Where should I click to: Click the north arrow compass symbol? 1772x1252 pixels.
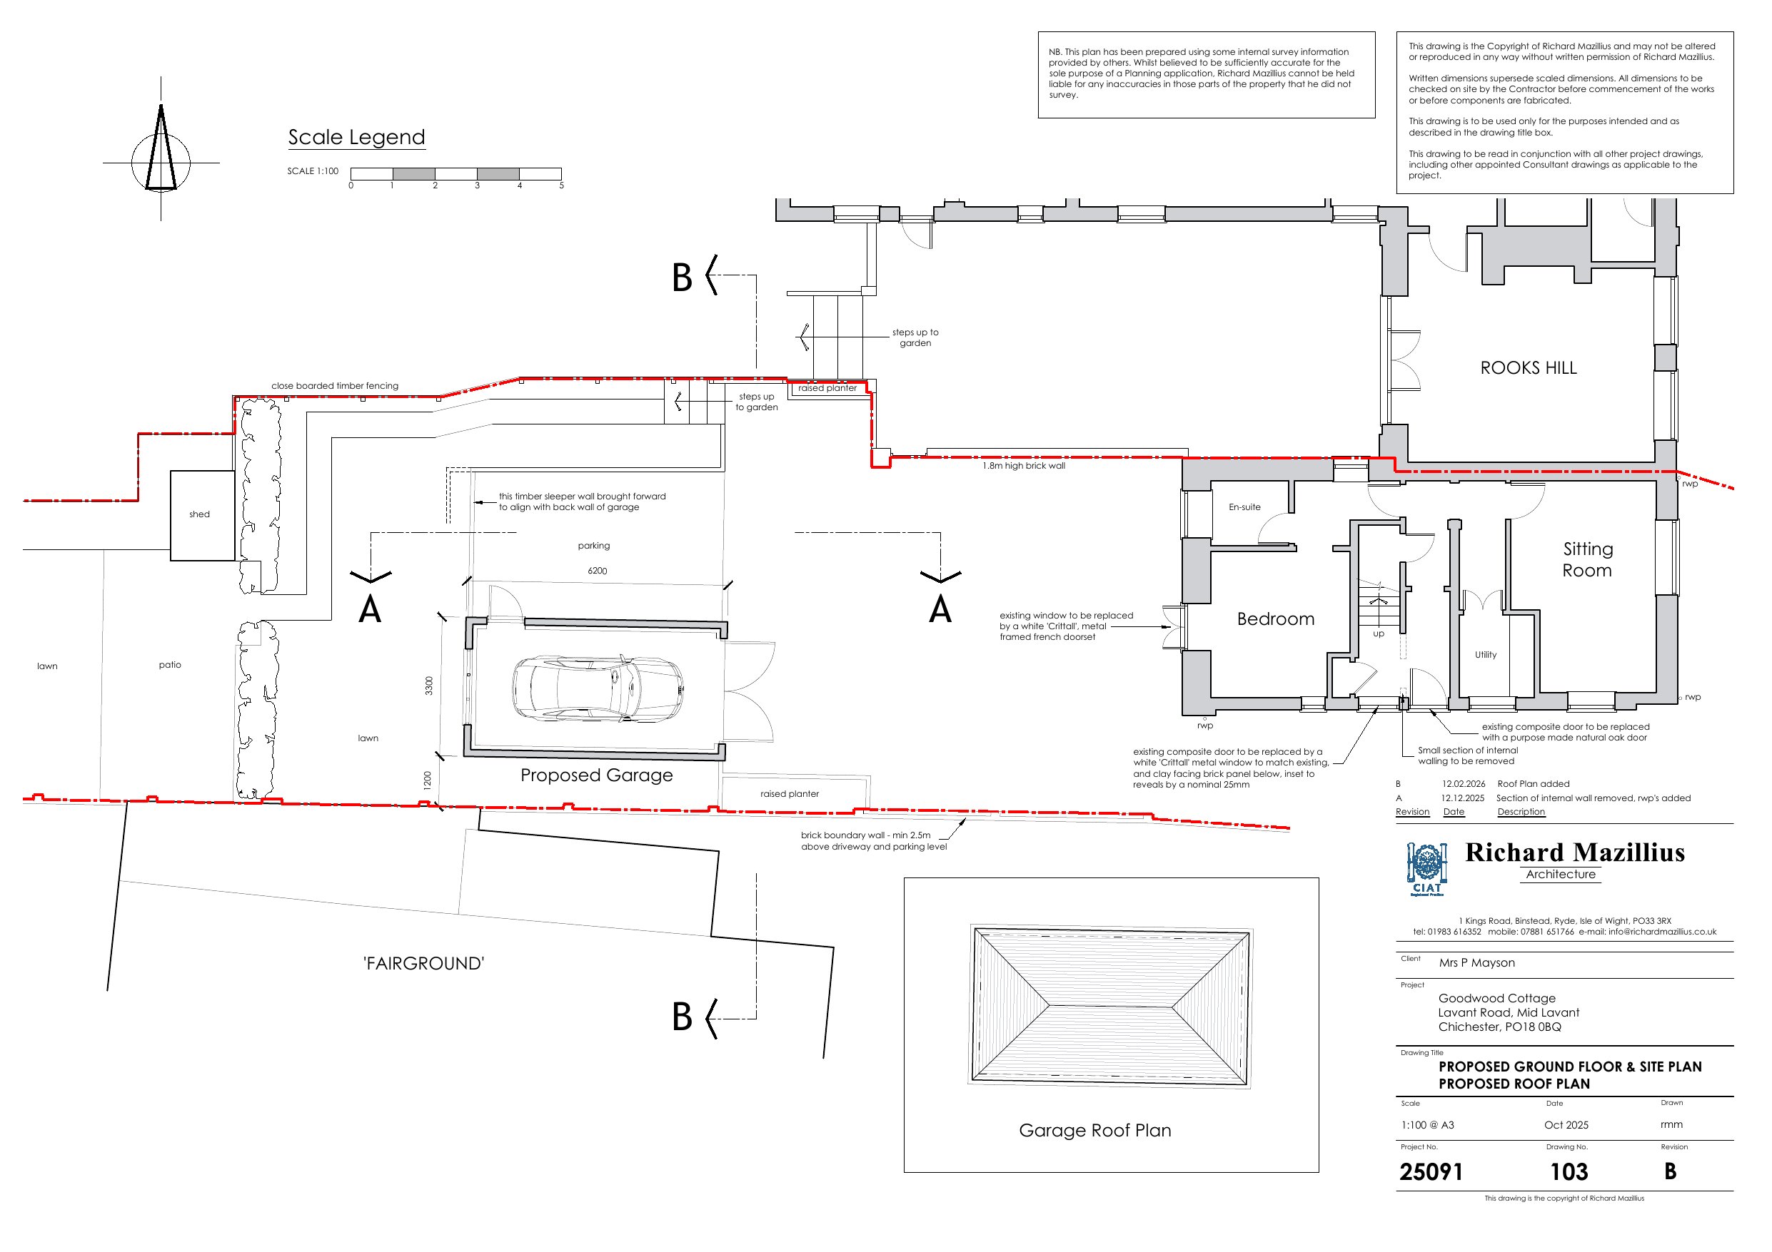[x=161, y=149]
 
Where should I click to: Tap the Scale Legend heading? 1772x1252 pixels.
[x=356, y=137]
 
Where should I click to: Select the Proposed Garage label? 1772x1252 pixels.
[x=597, y=775]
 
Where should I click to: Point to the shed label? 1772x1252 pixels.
[x=199, y=514]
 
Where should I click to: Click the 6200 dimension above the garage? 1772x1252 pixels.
[x=598, y=571]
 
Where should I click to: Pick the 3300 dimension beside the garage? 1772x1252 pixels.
[x=429, y=686]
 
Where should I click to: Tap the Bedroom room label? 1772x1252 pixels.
[x=1276, y=619]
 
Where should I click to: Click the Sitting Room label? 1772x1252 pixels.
[x=1588, y=559]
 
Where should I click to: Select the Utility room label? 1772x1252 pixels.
[x=1486, y=655]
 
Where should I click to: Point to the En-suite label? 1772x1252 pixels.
[x=1245, y=507]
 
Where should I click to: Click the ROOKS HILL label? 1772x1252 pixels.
[x=1528, y=368]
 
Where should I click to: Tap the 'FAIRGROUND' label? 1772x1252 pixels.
[x=423, y=964]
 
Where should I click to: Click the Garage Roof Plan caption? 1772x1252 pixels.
[x=1095, y=1131]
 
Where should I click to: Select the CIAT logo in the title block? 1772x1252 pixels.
[x=1426, y=870]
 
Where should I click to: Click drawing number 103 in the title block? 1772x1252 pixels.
[x=1569, y=1173]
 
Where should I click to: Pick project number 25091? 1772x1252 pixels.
[x=1431, y=1173]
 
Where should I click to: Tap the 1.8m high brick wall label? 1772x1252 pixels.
[x=1023, y=466]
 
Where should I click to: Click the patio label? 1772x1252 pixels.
[x=170, y=665]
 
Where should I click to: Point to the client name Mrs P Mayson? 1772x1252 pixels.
[x=1476, y=963]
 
